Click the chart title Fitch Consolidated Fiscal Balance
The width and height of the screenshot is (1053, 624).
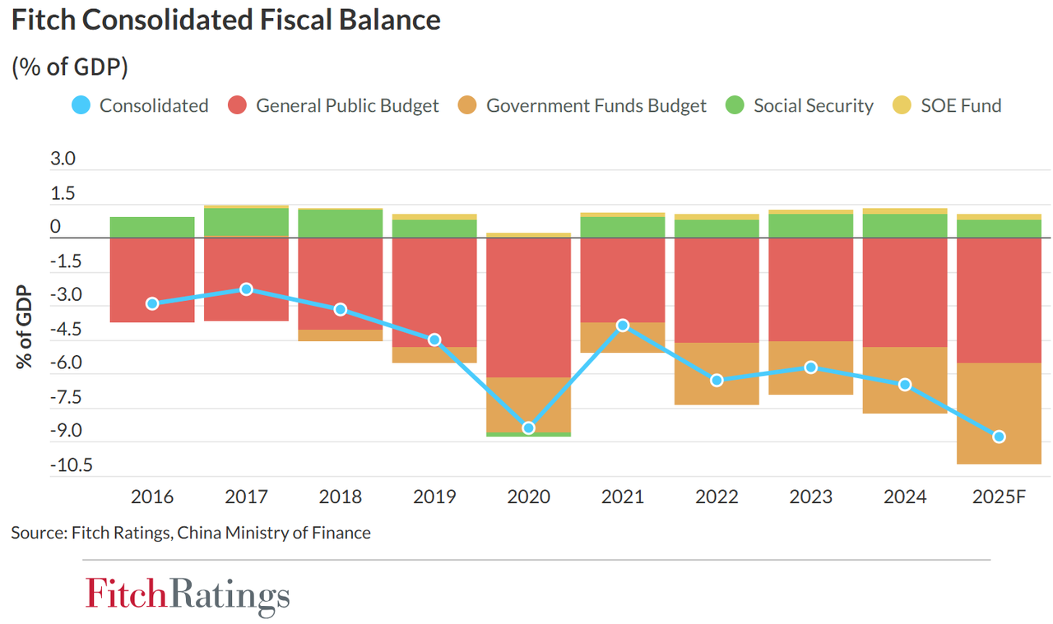point(226,20)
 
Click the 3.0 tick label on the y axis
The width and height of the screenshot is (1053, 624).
point(63,159)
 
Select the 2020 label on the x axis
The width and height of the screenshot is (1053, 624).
point(528,497)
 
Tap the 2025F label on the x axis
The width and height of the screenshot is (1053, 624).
point(999,497)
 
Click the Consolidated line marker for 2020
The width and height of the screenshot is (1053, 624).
point(528,428)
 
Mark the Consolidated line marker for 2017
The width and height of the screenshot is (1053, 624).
point(246,289)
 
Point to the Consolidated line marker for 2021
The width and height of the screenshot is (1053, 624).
point(623,326)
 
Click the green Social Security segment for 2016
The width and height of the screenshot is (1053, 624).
point(152,228)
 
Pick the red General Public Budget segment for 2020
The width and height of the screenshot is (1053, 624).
point(528,307)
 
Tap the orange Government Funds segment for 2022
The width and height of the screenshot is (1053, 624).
point(717,374)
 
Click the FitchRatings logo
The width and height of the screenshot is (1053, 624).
point(187,594)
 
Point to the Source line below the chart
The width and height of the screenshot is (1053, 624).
point(191,533)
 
